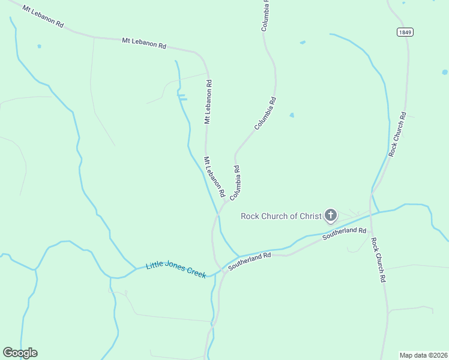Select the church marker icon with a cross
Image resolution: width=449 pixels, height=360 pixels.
click(330, 215)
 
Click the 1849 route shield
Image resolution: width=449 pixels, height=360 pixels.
click(405, 32)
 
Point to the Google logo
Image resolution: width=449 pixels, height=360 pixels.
click(20, 353)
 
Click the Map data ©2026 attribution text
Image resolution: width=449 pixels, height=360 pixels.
click(423, 355)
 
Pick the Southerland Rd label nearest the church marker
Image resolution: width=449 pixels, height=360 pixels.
click(344, 233)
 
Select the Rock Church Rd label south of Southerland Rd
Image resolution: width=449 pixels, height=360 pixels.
click(378, 260)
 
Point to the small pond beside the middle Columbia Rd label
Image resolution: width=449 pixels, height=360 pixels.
click(292, 115)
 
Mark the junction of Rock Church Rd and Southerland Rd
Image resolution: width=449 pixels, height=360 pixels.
click(370, 214)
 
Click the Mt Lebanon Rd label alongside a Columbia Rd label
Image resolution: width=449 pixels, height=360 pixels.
click(214, 177)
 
